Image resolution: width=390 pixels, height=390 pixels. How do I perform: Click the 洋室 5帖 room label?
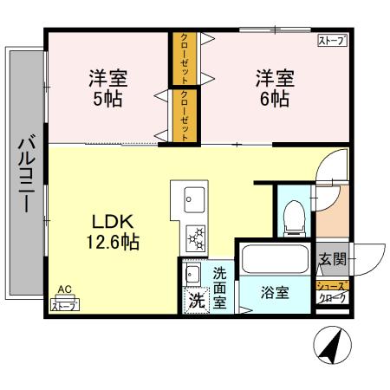pyautogui.click(x=108, y=88)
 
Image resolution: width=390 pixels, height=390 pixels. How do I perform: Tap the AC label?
pyautogui.click(x=62, y=292)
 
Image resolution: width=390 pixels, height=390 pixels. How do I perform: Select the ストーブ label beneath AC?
pyautogui.click(x=63, y=304)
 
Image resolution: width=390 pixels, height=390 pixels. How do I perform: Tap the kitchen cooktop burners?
pyautogui.click(x=193, y=236)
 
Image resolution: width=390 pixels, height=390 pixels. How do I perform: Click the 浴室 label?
pyautogui.click(x=276, y=293)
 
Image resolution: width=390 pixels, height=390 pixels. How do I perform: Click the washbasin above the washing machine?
pyautogui.click(x=192, y=275)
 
